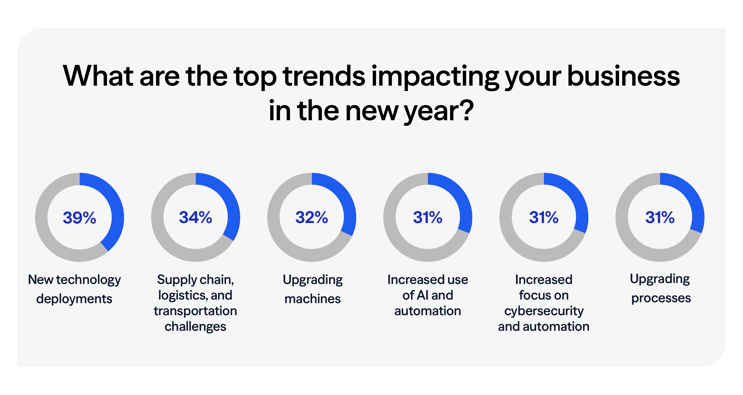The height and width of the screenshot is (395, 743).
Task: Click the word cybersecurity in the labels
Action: (544, 311)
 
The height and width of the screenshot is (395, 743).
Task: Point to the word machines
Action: (312, 299)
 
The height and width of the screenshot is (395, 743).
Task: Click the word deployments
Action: (74, 299)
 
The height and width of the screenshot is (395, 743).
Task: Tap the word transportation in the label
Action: (195, 311)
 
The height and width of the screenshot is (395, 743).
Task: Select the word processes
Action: (661, 298)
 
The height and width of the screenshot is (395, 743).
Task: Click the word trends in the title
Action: (324, 76)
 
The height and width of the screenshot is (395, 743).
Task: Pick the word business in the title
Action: (623, 76)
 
